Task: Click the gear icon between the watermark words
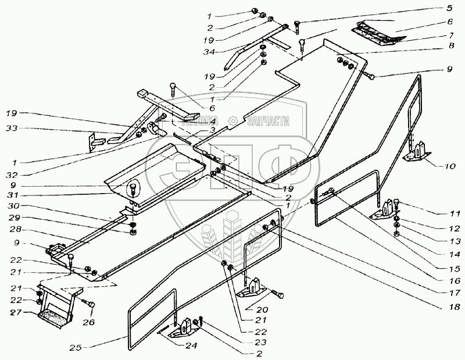click(x=233, y=121)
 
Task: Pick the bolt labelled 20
click(x=279, y=295)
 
